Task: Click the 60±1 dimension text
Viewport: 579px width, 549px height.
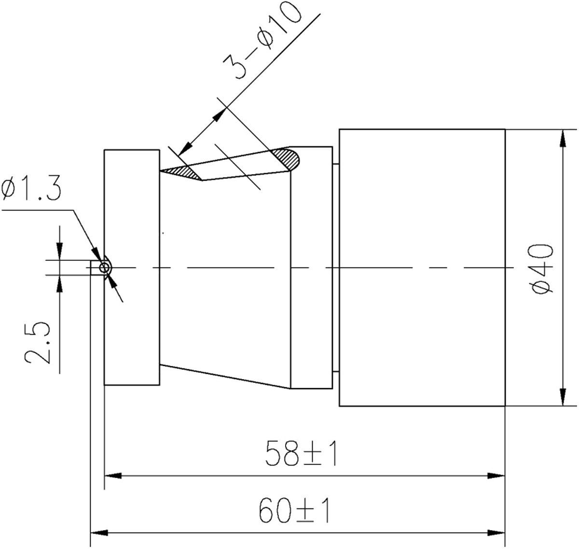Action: tap(294, 511)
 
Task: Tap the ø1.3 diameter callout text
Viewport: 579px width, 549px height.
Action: tap(32, 189)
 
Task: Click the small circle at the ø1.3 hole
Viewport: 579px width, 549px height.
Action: tap(105, 268)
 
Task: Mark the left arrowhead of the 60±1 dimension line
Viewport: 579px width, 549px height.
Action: tap(99, 533)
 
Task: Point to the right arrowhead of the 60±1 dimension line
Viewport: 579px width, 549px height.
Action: tap(496, 533)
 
